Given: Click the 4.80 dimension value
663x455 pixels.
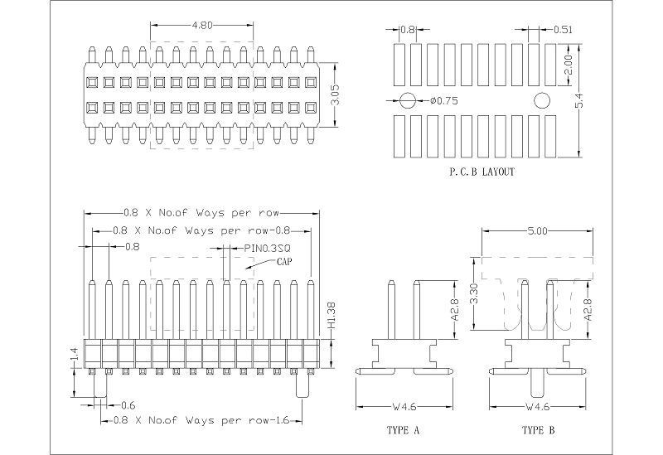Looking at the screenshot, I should pyautogui.click(x=202, y=26).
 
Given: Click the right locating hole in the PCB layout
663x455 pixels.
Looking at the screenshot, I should pyautogui.click(x=542, y=101).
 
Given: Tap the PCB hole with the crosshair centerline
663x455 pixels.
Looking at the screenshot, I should pyautogui.click(x=407, y=101).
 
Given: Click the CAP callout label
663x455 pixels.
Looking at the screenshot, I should pyautogui.click(x=285, y=261).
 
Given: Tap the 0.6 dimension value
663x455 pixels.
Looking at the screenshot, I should pyautogui.click(x=129, y=404).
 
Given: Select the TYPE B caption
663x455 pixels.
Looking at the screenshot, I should pyautogui.click(x=539, y=431).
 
